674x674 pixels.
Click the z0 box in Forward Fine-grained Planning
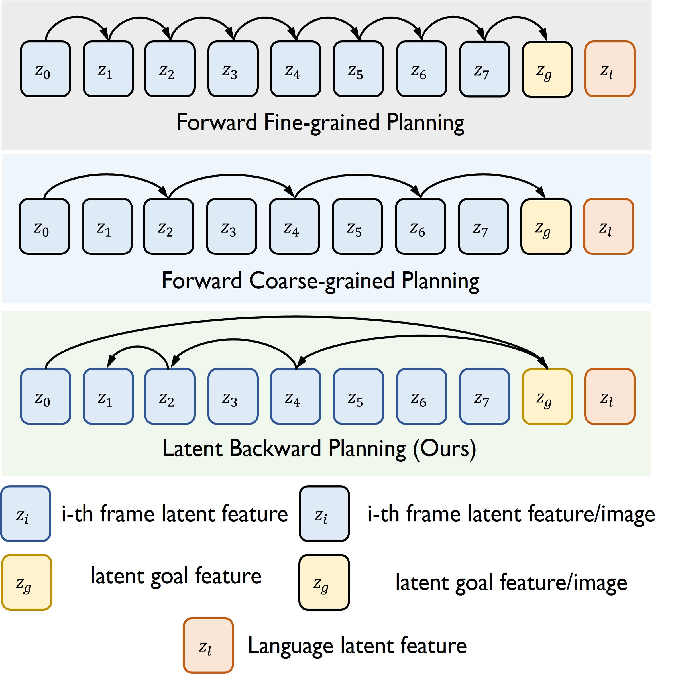[x=45, y=69]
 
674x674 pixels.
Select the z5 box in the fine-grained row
[x=358, y=69]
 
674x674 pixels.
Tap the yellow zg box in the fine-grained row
[x=547, y=69]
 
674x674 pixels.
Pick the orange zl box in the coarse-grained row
[x=608, y=226]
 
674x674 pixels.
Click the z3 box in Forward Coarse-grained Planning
[x=231, y=226]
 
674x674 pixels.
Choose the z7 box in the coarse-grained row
[x=483, y=226]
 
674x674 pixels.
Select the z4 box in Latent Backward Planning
[x=296, y=396]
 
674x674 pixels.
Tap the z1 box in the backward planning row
[x=108, y=396]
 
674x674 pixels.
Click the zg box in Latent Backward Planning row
[x=547, y=397]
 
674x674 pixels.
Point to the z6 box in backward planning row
[x=421, y=396]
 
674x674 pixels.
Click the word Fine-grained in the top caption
[x=321, y=123]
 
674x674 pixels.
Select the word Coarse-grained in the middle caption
[x=321, y=281]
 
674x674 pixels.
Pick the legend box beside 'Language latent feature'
[x=208, y=646]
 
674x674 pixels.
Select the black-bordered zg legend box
[x=324, y=582]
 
